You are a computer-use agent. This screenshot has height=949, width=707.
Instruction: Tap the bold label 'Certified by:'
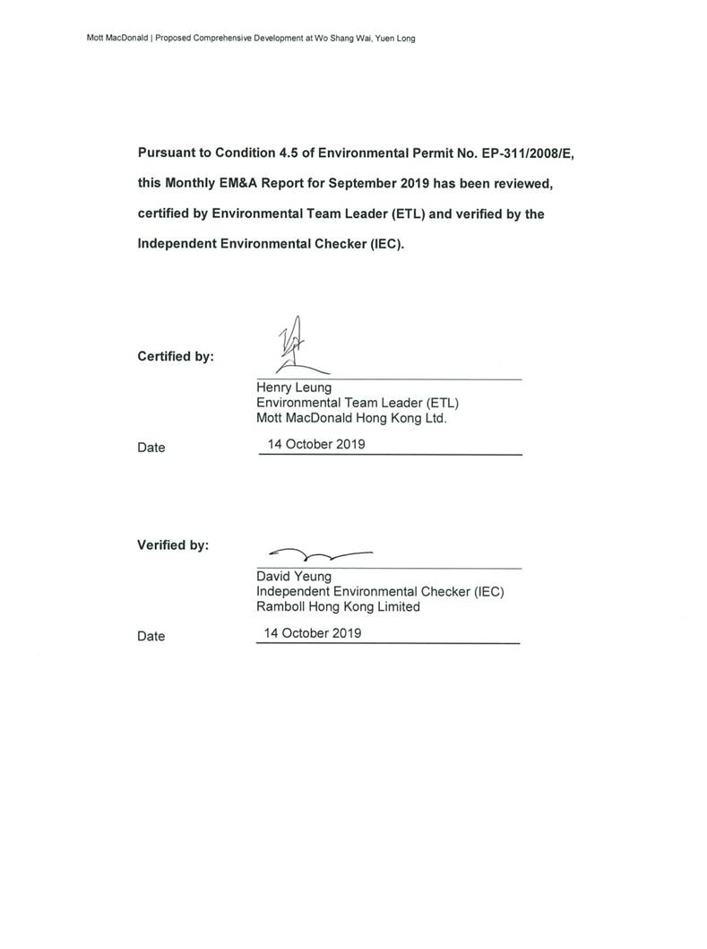(x=176, y=356)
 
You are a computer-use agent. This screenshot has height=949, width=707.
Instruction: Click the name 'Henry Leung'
(x=294, y=387)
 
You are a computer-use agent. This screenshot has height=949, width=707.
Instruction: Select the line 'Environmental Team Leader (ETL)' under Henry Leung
(x=358, y=403)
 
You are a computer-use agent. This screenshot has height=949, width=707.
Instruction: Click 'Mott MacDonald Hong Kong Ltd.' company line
(x=351, y=417)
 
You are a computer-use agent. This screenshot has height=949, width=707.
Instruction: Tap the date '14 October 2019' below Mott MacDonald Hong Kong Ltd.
(x=317, y=443)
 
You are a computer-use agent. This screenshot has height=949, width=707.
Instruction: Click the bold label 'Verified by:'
(x=173, y=544)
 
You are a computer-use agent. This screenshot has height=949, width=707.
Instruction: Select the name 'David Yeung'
(x=293, y=577)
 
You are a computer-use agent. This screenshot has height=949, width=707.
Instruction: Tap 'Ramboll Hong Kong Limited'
(x=338, y=606)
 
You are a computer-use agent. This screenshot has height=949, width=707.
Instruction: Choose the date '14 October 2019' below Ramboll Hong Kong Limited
(x=313, y=632)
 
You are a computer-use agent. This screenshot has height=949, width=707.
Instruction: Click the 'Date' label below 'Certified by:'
(x=151, y=448)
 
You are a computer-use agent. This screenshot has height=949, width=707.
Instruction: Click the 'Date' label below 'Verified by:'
(x=151, y=636)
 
